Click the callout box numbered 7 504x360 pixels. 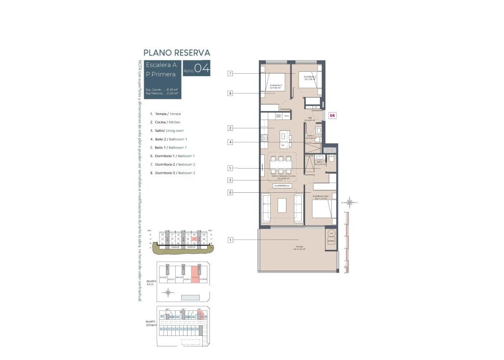(x=230, y=74)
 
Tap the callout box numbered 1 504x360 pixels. (x=230, y=240)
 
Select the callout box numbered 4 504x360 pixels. (x=230, y=143)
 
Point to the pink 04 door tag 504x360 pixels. (x=332, y=116)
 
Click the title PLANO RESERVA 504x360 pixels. (x=177, y=53)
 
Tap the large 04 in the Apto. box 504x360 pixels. (x=202, y=69)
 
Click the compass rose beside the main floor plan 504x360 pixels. (x=349, y=202)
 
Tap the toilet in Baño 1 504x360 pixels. (x=332, y=160)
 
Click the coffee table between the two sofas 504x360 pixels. (x=282, y=205)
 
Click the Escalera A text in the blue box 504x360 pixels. (x=161, y=65)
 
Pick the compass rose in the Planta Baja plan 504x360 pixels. (x=168, y=293)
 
